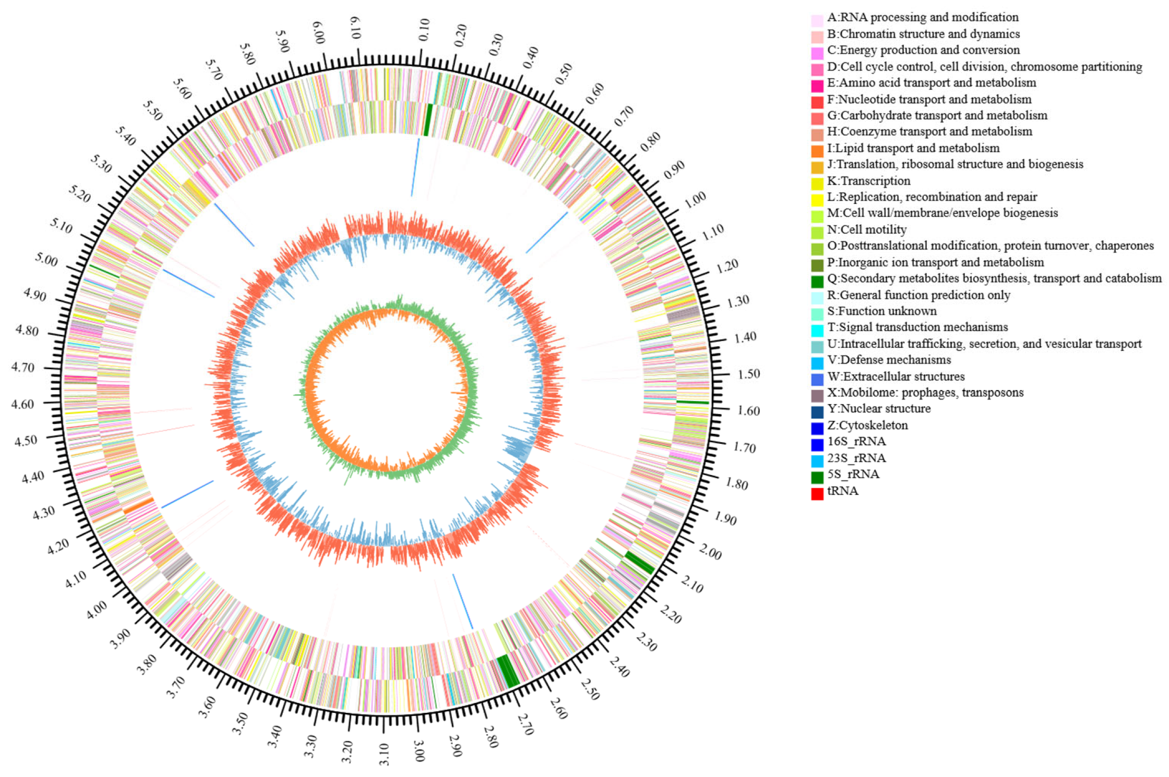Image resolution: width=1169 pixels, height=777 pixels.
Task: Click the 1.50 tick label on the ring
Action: [749, 374]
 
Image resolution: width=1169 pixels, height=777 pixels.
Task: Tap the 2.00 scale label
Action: [710, 551]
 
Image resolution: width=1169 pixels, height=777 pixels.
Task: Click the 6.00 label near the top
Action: [318, 33]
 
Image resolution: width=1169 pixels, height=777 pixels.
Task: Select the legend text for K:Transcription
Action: [868, 181]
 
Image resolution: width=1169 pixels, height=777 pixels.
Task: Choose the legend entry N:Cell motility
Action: [866, 229]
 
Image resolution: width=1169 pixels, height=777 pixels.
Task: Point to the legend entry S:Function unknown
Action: [881, 311]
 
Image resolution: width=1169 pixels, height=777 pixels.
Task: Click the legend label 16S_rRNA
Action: [856, 442]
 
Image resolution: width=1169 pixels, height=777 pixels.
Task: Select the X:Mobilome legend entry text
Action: [925, 393]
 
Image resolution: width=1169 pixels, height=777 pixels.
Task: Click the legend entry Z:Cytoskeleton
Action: [867, 426]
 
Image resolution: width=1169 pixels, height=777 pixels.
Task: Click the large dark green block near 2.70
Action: [508, 672]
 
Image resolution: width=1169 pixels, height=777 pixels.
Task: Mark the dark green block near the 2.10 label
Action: [640, 563]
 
